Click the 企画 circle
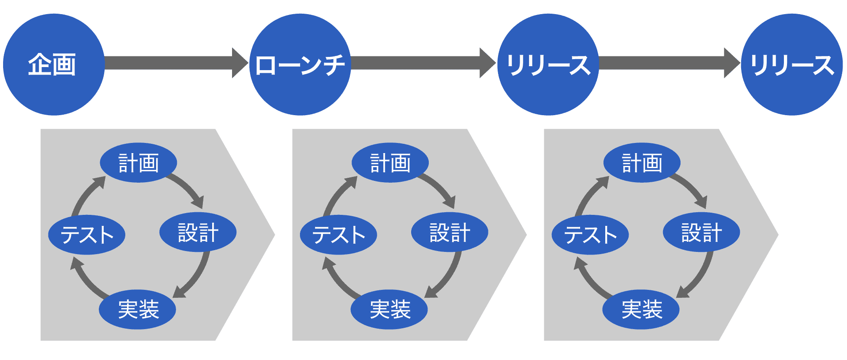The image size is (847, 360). pos(53,64)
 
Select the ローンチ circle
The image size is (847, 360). pos(300,64)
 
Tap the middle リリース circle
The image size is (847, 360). pos(547,64)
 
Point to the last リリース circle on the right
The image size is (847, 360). pos(792,64)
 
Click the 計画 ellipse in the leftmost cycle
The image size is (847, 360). pos(139,162)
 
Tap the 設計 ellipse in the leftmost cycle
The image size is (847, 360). pos(198,232)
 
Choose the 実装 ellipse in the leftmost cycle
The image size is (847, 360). pos(138,309)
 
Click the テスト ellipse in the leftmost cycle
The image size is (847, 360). pos(86,234)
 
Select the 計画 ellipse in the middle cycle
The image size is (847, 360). pos(390,162)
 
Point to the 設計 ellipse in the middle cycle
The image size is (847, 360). pos(450,232)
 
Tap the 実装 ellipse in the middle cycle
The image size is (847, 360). pos(389,309)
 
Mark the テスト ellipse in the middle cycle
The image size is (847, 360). pos(338,234)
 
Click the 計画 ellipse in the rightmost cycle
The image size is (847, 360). pos(642,162)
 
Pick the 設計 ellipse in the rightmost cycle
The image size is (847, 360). pos(701,232)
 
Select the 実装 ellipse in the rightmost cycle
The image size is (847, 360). pos(641,309)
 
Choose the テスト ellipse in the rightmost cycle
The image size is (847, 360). pos(590,234)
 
